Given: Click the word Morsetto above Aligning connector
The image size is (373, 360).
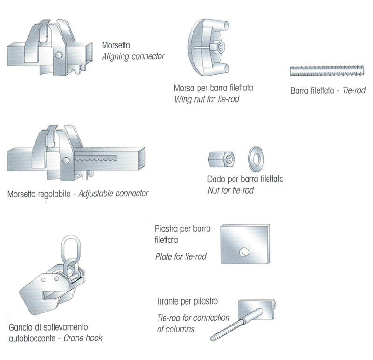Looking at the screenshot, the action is tap(116, 45).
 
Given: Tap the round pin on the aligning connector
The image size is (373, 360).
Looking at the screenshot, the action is tap(59, 55).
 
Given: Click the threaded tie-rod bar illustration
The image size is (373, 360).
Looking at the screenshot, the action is tap(327, 71).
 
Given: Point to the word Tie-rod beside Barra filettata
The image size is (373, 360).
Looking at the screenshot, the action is tap(354, 90).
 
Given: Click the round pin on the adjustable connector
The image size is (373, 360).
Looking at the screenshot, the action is tap(66, 160).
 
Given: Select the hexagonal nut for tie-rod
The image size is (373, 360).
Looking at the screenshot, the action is tap(221, 159).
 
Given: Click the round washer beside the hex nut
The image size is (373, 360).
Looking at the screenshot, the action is tap(256, 159).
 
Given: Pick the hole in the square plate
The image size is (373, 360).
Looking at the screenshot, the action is tap(244, 252).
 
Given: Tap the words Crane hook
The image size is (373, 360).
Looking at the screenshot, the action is tap(83, 338).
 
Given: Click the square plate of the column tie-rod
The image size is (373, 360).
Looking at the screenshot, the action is tap(257, 309).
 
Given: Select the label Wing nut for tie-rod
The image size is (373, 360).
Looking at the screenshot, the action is tap(207, 99).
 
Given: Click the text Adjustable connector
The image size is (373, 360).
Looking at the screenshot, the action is tap(113, 194).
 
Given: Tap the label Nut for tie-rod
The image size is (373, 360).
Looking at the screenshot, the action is tap(230, 190).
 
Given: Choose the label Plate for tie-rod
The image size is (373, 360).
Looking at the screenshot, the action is tap(181, 256).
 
